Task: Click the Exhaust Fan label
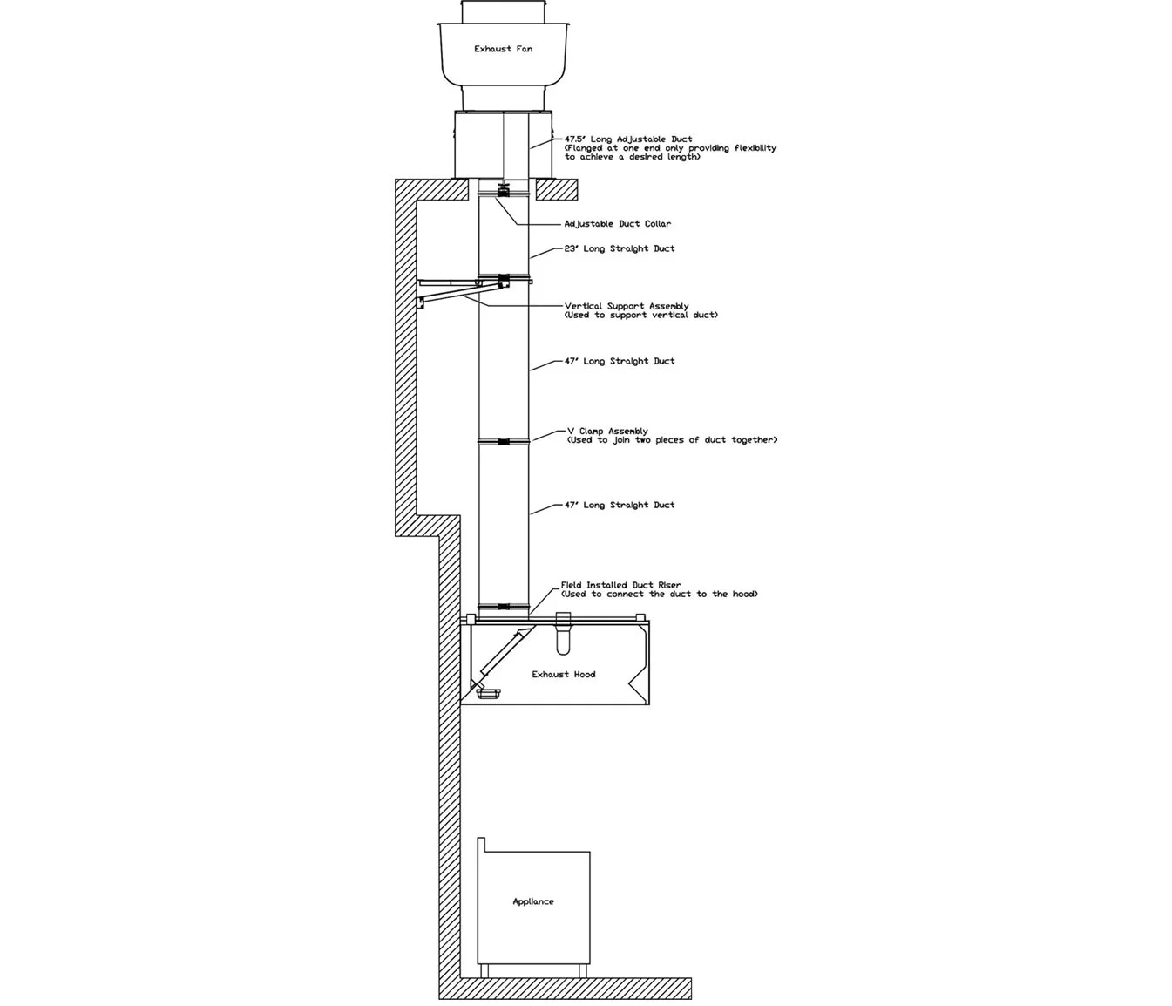(x=503, y=49)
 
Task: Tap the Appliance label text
(x=532, y=901)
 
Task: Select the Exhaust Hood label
(x=563, y=674)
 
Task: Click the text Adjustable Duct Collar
(x=617, y=224)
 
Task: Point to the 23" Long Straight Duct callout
(x=619, y=248)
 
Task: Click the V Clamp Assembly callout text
(x=607, y=431)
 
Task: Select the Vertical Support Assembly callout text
(x=626, y=306)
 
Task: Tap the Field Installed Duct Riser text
(x=620, y=585)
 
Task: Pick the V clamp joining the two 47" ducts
(x=504, y=442)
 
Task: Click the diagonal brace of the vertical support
(x=450, y=292)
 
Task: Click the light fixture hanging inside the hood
(x=563, y=637)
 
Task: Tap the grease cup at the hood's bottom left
(x=487, y=692)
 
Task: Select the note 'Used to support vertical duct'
(x=640, y=316)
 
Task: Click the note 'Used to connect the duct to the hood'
(x=660, y=595)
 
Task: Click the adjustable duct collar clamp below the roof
(x=504, y=190)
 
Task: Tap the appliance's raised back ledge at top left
(x=480, y=845)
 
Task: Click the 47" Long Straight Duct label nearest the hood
(x=619, y=505)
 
